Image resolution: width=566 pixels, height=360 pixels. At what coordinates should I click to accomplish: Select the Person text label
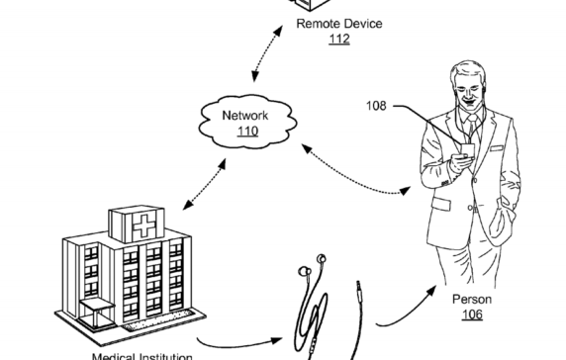point(472,299)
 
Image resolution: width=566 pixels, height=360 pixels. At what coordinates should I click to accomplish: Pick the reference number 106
point(472,315)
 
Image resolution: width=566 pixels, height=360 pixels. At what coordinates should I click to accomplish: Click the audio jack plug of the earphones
point(357,292)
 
